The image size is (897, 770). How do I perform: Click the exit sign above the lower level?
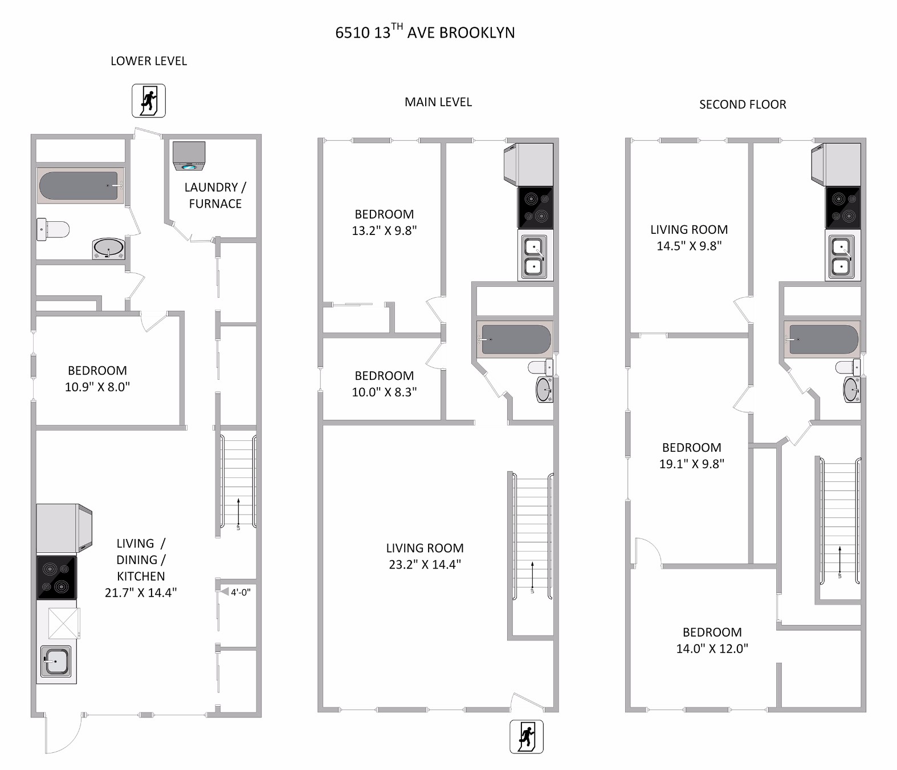tap(149, 100)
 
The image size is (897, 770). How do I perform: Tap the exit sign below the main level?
tap(526, 736)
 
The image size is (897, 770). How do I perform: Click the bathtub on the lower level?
tap(80, 185)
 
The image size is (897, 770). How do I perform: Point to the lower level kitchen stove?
tap(56, 577)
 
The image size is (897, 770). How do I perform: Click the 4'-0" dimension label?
tap(240, 592)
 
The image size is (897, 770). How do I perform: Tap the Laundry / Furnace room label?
tap(215, 195)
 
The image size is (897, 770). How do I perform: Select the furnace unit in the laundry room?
tap(189, 156)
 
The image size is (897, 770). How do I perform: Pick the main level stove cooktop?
tap(535, 207)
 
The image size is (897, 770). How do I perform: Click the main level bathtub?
tap(515, 339)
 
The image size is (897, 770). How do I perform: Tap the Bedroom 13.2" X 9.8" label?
tap(384, 222)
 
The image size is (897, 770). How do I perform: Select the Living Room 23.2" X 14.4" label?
tap(425, 556)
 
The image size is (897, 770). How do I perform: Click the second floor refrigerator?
tap(835, 164)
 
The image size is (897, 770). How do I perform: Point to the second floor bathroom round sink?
tap(851, 390)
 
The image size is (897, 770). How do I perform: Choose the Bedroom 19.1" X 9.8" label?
tap(691, 456)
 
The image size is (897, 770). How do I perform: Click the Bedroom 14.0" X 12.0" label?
tap(712, 640)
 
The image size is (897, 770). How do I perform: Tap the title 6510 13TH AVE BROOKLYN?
tap(425, 32)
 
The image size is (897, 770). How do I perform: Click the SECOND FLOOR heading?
tap(743, 104)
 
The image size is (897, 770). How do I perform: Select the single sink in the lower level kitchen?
tap(56, 662)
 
